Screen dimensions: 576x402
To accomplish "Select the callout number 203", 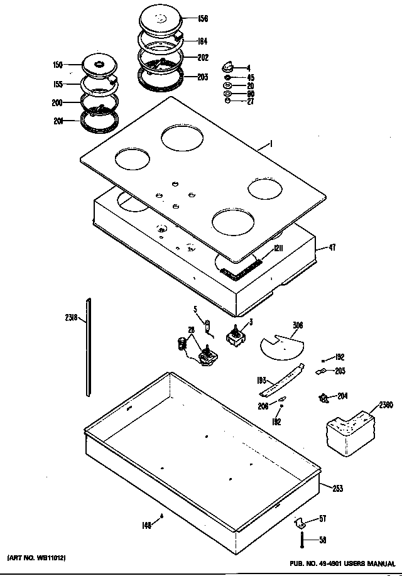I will point(202,78).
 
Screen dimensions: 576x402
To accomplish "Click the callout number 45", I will point(250,77).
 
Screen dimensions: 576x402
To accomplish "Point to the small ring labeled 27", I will point(227,101).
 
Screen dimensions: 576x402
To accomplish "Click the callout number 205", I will point(340,371).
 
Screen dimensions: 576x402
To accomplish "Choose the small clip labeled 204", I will point(324,398).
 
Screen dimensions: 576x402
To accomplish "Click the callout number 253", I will point(337,488).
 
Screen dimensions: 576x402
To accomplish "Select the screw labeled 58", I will point(303,538).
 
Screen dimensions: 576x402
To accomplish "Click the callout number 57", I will point(322,519).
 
